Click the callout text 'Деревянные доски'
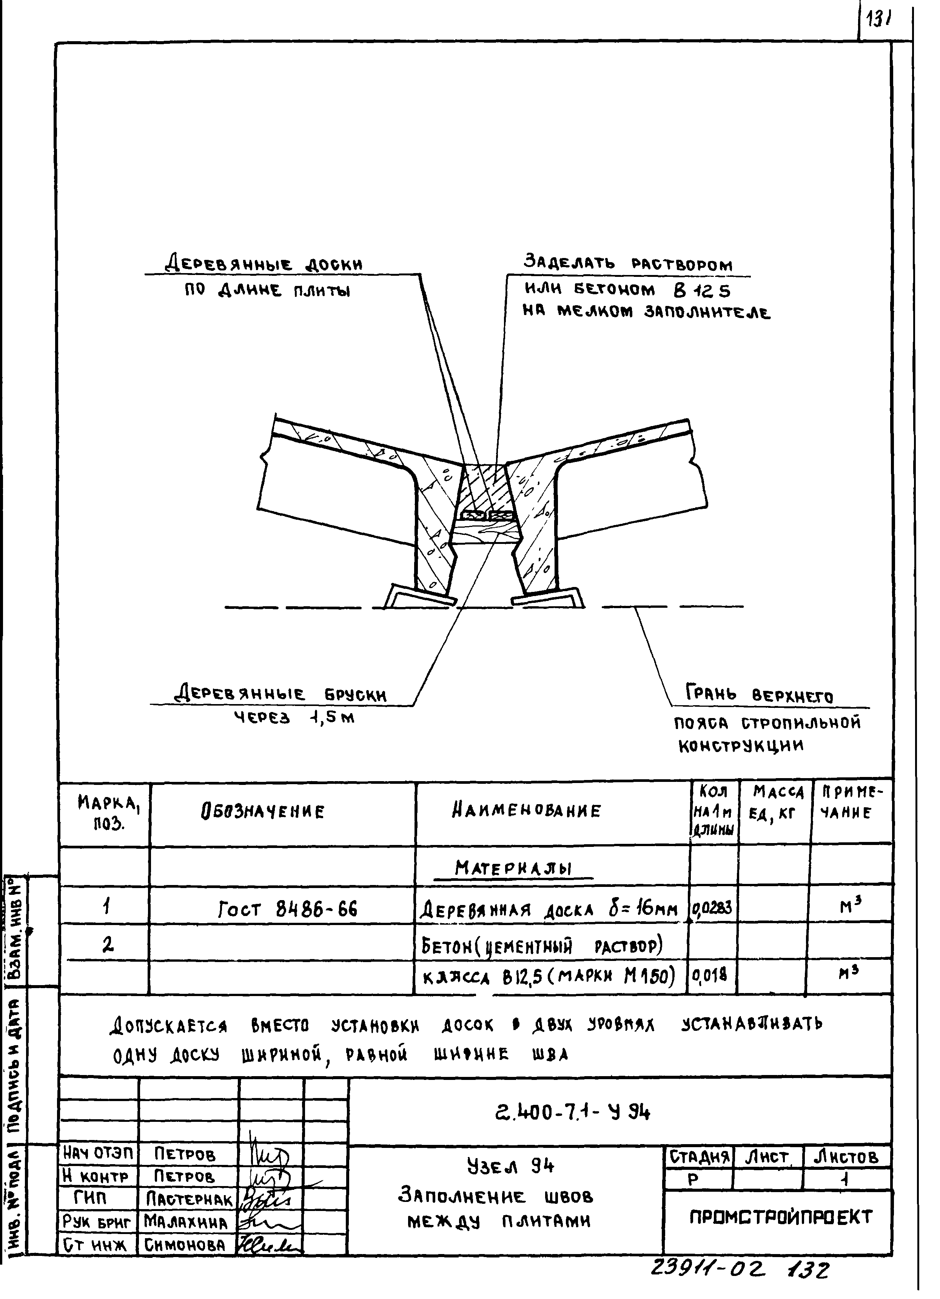(x=264, y=265)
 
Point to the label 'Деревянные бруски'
(x=280, y=695)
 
